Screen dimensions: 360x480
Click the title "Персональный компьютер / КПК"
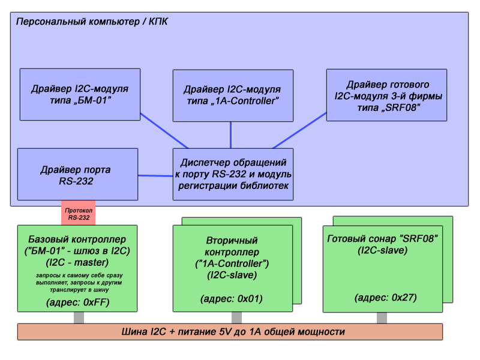[92, 22]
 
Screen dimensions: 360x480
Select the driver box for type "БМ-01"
[80, 94]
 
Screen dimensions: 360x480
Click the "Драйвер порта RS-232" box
[77, 174]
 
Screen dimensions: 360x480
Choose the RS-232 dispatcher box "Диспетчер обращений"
[233, 174]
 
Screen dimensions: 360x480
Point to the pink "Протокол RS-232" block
[79, 213]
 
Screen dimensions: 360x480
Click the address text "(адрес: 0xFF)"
[78, 302]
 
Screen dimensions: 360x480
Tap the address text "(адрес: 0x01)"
[232, 298]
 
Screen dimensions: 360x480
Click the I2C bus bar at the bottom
[230, 331]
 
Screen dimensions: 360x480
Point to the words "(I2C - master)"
[78, 262]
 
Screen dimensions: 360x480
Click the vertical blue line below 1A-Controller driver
[231, 135]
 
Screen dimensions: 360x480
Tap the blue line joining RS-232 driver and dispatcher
[155, 176]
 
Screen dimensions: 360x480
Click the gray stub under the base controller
[79, 318]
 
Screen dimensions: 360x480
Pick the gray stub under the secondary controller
[232, 318]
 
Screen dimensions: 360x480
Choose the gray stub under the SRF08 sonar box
[382, 318]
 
